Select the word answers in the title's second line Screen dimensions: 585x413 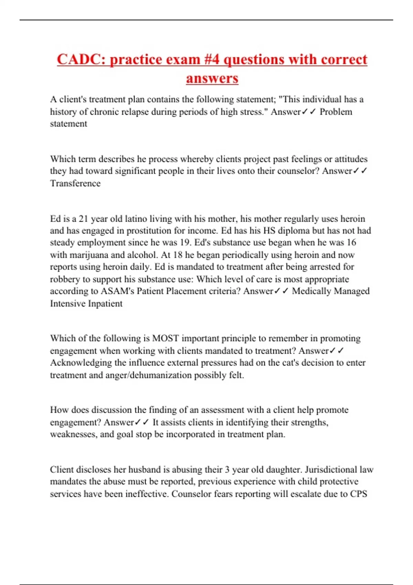click(212, 78)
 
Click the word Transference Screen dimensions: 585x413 click(75, 183)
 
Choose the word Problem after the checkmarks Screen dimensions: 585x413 click(336, 112)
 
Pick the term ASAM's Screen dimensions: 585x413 click(117, 291)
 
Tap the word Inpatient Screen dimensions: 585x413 click(105, 304)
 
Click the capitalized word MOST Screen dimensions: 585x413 click(165, 338)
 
